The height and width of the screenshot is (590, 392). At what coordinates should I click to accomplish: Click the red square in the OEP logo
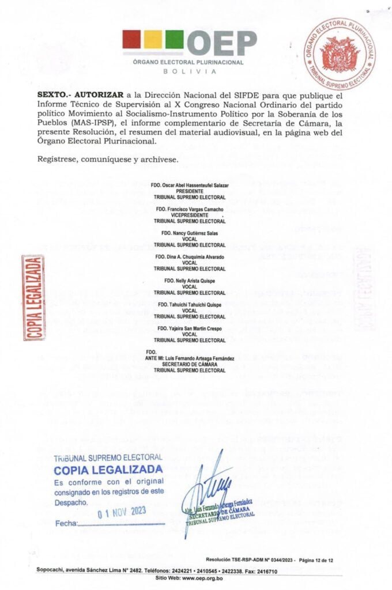coord(132,40)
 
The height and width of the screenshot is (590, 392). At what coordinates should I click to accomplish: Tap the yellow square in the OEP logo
coord(153,40)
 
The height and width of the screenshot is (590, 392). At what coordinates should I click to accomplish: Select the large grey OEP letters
coord(222,43)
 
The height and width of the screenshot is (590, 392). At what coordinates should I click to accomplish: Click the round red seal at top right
coord(339,54)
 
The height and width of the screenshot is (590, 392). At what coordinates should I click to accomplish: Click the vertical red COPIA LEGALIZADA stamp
coord(33,297)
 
